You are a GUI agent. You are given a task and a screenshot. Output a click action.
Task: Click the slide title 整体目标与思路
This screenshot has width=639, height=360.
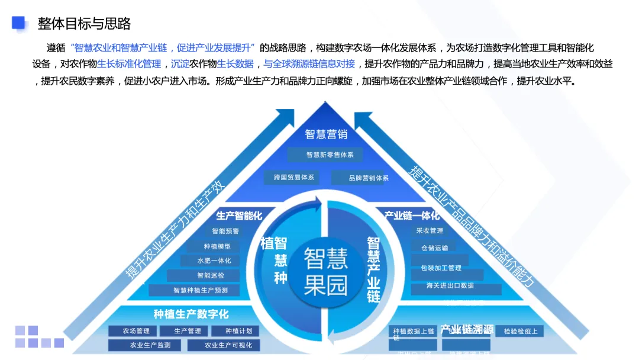point(84,24)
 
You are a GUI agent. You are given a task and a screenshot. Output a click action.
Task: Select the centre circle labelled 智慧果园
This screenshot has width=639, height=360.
point(325,272)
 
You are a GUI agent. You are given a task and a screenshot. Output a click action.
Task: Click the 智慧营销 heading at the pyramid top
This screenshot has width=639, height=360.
point(326,134)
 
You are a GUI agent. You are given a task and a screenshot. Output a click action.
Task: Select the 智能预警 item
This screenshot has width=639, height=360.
point(225,232)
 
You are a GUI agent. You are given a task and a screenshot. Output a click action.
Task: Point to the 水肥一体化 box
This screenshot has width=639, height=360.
point(214,261)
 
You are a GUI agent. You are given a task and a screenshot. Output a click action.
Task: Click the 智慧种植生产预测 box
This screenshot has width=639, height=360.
point(200,290)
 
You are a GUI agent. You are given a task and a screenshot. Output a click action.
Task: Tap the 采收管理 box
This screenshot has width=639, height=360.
point(429,231)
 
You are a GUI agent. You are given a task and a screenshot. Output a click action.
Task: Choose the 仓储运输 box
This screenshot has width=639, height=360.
point(435,248)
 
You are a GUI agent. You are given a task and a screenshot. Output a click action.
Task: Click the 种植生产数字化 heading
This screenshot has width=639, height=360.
point(191,314)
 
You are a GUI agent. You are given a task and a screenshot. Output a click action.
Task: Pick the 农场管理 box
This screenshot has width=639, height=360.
point(136,331)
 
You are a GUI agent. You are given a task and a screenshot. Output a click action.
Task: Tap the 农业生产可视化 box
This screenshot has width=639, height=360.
point(228,345)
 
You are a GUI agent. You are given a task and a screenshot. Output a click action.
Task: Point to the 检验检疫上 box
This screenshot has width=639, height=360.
point(520,331)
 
